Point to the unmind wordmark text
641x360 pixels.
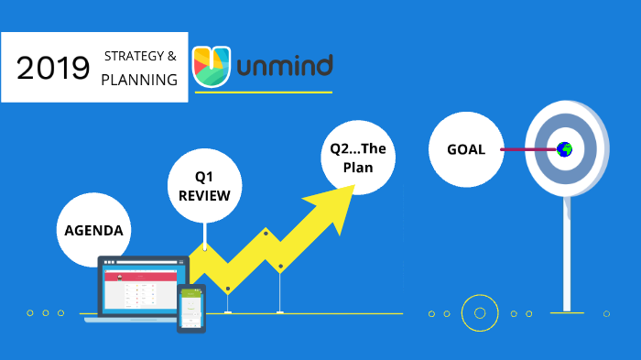[x=284, y=66]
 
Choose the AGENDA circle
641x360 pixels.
[x=92, y=230]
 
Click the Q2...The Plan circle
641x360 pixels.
[x=358, y=158]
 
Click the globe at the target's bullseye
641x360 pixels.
[x=564, y=148]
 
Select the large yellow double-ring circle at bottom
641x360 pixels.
[x=478, y=313]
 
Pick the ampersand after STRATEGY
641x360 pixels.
[x=171, y=57]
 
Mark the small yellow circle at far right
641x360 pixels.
[x=606, y=313]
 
